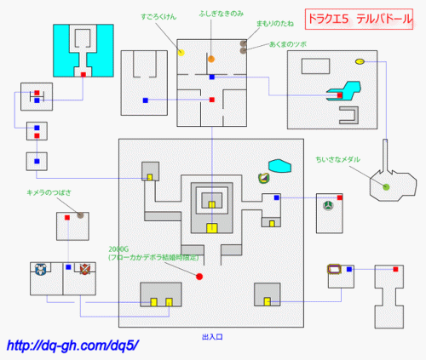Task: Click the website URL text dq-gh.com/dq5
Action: (72, 346)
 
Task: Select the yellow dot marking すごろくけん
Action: (181, 53)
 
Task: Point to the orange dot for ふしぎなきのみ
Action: (211, 59)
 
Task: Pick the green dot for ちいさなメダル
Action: (386, 186)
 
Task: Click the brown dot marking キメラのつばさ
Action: (80, 215)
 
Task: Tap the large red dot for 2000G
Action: (199, 277)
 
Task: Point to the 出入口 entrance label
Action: (212, 337)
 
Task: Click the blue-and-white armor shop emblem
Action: (41, 271)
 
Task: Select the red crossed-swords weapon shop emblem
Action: (84, 271)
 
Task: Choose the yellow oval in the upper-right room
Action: (360, 61)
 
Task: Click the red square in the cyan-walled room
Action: (83, 75)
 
